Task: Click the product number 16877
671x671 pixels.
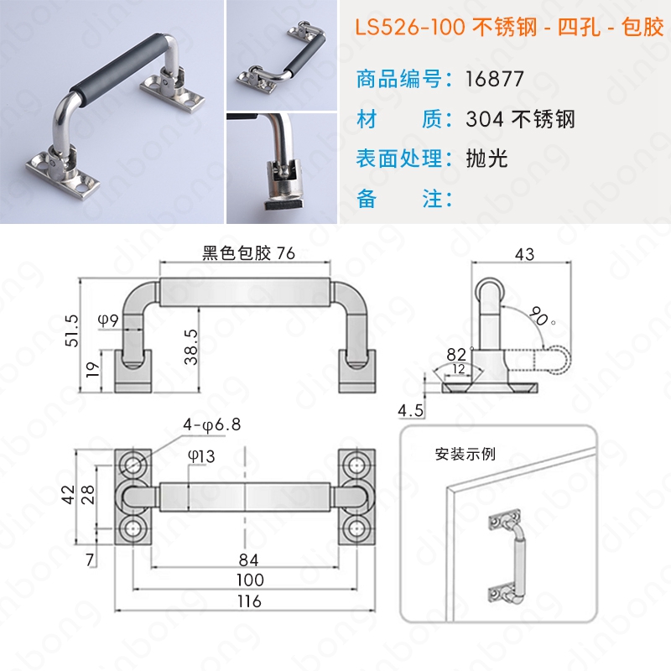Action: pos(494,79)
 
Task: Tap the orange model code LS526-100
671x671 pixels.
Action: pos(410,28)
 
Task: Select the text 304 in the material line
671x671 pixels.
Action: pos(485,119)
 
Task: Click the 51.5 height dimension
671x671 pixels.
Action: pos(72,330)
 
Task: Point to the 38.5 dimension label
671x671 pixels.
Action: pos(191,346)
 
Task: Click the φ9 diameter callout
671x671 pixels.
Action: pos(108,320)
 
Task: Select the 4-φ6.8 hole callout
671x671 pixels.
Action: pos(212,424)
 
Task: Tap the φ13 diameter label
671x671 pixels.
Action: pos(201,456)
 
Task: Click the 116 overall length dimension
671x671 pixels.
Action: pos(249,601)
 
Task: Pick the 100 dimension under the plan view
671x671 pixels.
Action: pos(250,580)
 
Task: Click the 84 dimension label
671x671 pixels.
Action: pos(248,560)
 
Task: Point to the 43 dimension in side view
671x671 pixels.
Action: pos(525,254)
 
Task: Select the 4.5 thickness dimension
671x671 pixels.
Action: pos(410,411)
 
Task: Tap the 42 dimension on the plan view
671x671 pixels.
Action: pos(69,494)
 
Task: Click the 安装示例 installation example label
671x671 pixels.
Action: pos(466,454)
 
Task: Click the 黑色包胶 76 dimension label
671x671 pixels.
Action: pos(248,253)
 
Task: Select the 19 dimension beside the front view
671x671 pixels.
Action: pos(93,369)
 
